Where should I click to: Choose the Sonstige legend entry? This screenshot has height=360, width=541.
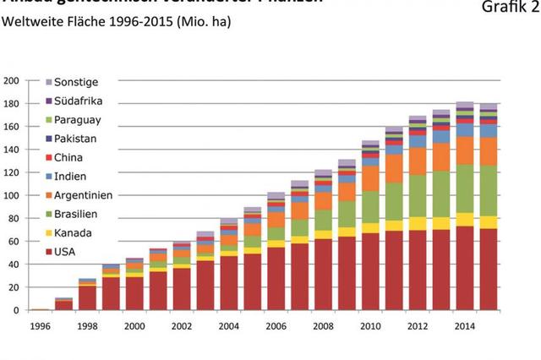(x=77, y=83)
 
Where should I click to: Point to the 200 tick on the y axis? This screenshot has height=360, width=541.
(x=11, y=81)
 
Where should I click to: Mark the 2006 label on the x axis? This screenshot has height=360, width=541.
(x=276, y=326)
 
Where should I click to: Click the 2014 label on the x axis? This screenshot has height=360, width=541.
(x=464, y=326)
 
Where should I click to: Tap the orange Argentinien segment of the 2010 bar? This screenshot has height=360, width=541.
(x=369, y=178)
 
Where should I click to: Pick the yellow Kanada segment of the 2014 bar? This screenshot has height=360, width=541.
(x=464, y=219)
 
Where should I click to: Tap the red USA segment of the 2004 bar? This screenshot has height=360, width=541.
(x=229, y=282)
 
